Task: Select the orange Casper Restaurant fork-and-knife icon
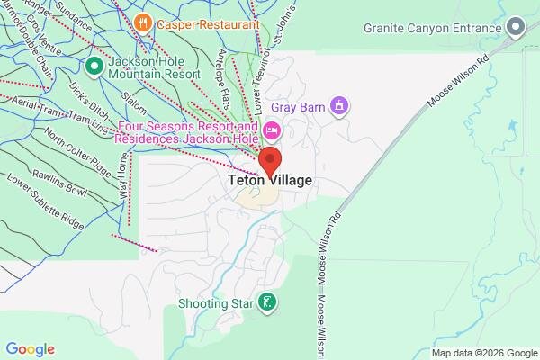pyautogui.click(x=141, y=22)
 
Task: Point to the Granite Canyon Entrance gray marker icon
pyautogui.click(x=516, y=28)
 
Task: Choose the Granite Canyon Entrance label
pyautogui.click(x=432, y=28)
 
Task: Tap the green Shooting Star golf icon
pyautogui.click(x=267, y=303)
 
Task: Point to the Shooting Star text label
pyautogui.click(x=216, y=303)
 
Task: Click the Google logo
pyautogui.click(x=31, y=349)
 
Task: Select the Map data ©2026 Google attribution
pyautogui.click(x=482, y=352)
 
